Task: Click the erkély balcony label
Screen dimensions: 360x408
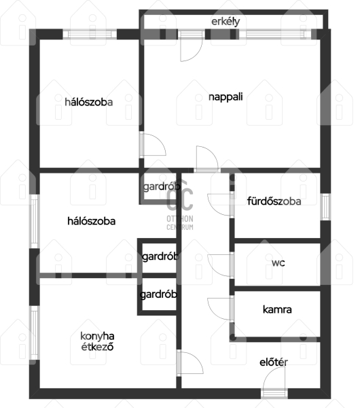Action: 226,22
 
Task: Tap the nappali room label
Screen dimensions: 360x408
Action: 226,97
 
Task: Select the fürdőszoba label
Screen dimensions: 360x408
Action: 274,201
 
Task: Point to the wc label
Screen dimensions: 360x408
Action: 278,262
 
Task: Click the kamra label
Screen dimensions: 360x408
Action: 277,309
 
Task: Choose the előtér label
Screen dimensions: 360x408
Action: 274,362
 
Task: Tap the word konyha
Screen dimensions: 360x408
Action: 97,336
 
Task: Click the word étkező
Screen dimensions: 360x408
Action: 97,347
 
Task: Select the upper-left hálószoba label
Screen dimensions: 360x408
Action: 88,102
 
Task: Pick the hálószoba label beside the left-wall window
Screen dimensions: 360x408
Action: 91,221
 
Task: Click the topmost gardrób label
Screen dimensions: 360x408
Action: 162,186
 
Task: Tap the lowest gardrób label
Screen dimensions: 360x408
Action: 158,294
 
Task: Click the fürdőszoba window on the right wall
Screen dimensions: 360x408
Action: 325,207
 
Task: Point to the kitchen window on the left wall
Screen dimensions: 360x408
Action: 34,333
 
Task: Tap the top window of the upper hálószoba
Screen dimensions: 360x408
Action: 90,35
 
